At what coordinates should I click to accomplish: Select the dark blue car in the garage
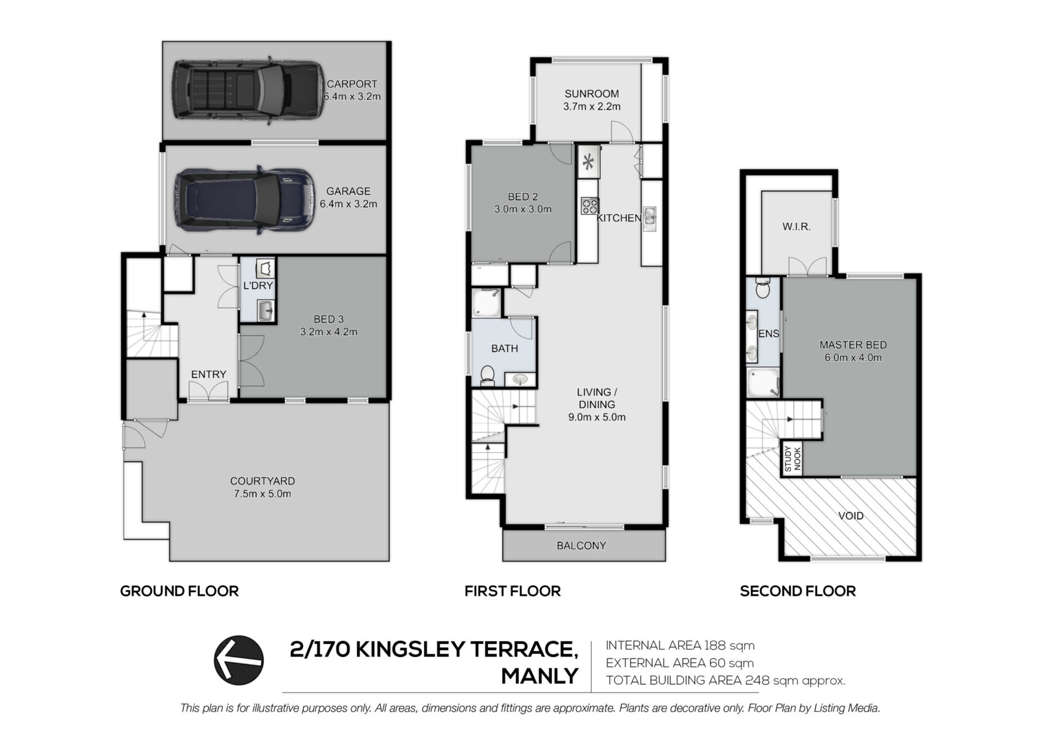(245, 200)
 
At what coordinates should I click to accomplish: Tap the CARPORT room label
(352, 84)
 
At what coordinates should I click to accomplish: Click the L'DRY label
(258, 285)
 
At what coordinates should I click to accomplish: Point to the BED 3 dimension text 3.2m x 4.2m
(329, 332)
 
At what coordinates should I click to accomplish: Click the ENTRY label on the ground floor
(208, 374)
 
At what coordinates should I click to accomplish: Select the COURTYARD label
(262, 481)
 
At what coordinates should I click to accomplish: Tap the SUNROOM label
(592, 94)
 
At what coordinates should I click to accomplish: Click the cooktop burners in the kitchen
(589, 206)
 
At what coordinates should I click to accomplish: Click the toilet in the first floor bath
(487, 375)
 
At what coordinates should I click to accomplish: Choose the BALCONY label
(581, 546)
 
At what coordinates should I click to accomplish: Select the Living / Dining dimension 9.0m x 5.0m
(597, 417)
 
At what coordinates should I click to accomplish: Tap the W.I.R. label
(797, 226)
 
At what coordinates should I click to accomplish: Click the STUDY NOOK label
(793, 459)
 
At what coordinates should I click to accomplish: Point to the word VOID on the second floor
(851, 516)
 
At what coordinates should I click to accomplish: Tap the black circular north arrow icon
(239, 660)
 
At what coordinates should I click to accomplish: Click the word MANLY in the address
(539, 677)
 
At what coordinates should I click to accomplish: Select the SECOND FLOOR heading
(798, 591)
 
